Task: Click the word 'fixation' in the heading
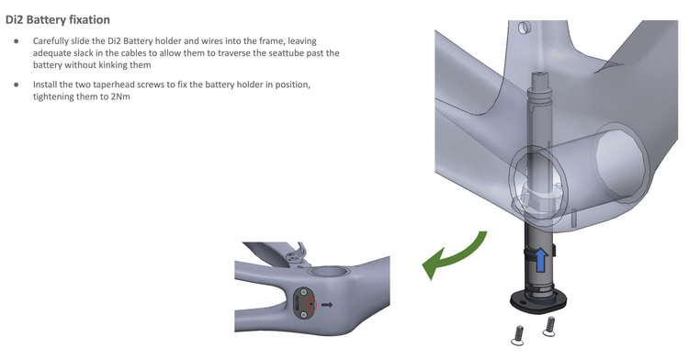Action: click(x=87, y=20)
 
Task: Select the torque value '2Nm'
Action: click(x=121, y=96)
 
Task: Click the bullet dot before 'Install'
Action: click(x=17, y=84)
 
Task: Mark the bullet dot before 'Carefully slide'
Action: click(x=17, y=41)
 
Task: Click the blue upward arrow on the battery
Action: click(x=540, y=260)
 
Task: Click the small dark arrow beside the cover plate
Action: click(x=327, y=305)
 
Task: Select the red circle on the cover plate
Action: click(x=311, y=305)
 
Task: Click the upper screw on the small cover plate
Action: click(x=303, y=292)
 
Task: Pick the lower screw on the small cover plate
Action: click(x=303, y=313)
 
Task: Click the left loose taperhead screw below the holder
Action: click(x=517, y=335)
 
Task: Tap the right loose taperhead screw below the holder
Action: click(x=548, y=327)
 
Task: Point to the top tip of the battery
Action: click(x=538, y=73)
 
